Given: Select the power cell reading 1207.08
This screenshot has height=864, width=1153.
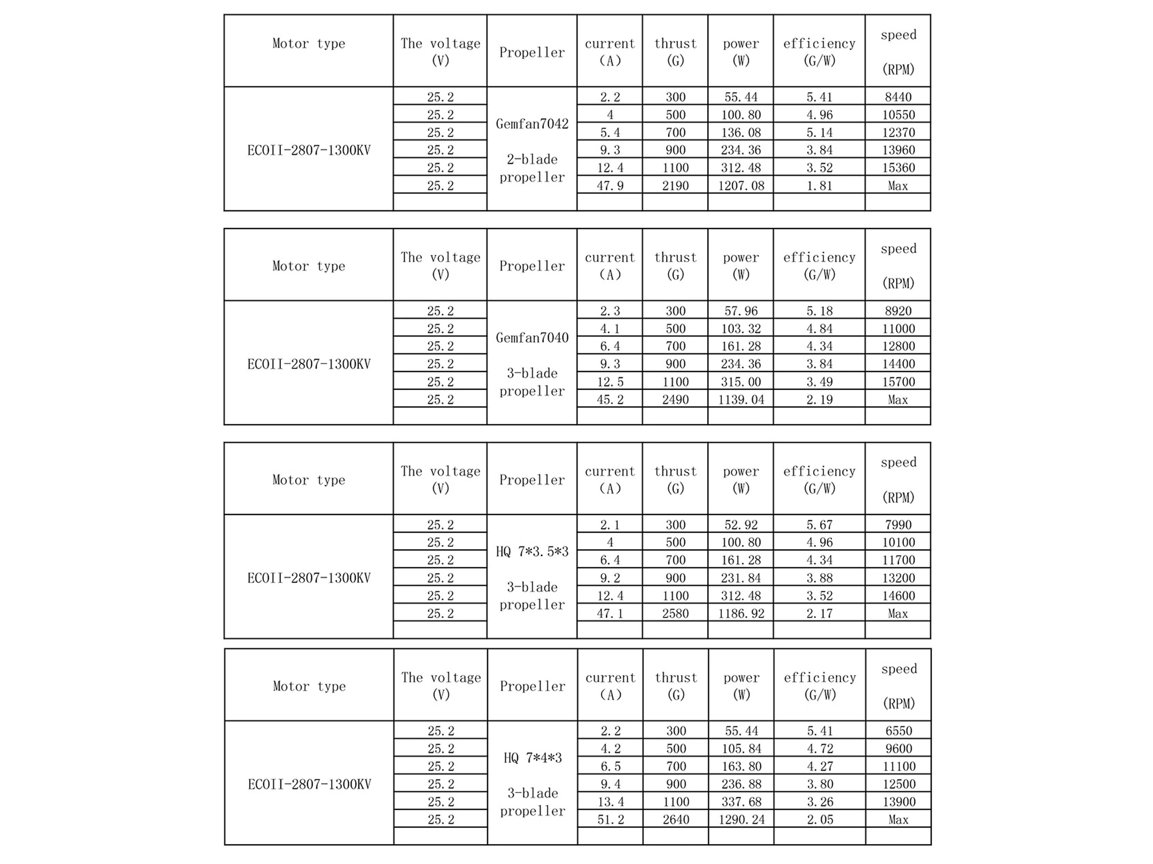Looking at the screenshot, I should click(x=741, y=185).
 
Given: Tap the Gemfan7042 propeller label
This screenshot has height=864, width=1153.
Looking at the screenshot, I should click(x=532, y=124).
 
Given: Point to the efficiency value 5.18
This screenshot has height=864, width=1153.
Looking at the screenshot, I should click(x=819, y=311).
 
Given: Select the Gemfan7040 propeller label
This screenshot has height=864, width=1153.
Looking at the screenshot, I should click(x=532, y=338).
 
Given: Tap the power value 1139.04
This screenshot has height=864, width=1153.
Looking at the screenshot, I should click(x=741, y=399).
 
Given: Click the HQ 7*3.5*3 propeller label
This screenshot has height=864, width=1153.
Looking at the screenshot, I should click(x=532, y=551).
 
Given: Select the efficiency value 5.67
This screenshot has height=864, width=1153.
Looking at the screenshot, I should click(x=819, y=525).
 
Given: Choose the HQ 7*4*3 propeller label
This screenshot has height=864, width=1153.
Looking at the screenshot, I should click(x=532, y=758).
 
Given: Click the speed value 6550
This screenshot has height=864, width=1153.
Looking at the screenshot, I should click(x=898, y=731).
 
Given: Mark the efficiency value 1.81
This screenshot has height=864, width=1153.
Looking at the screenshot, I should click(x=819, y=185).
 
